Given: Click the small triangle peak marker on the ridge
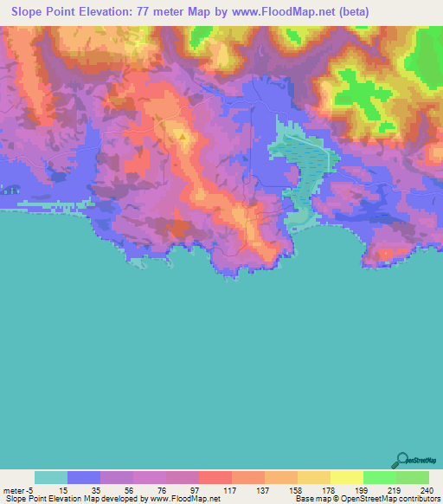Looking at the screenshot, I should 183,136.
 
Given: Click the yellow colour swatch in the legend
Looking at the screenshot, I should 346,477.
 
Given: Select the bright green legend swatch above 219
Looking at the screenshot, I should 379,477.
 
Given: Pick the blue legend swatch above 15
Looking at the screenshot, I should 83,477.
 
